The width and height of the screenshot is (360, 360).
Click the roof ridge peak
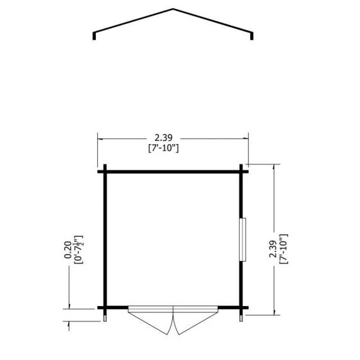(x=173, y=9)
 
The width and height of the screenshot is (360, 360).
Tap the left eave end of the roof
(x=94, y=36)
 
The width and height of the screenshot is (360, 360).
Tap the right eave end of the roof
(x=251, y=36)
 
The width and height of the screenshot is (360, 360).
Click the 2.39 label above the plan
(x=163, y=138)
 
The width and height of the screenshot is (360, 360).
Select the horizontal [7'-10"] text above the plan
(x=163, y=148)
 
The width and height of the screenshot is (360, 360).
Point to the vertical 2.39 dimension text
(x=273, y=249)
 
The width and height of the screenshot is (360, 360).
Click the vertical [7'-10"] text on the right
(x=283, y=249)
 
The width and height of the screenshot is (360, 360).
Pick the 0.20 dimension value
(x=67, y=250)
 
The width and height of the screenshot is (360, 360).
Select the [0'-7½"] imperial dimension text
(x=78, y=249)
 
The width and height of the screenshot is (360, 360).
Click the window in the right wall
(x=243, y=240)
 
